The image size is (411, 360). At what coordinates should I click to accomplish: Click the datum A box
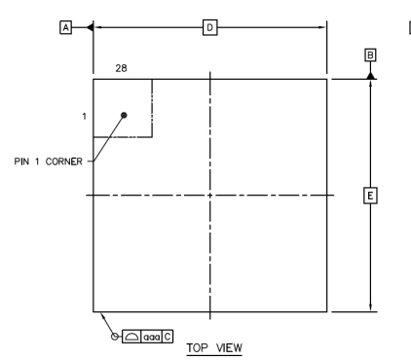[66, 28]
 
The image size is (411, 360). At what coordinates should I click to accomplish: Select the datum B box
[370, 54]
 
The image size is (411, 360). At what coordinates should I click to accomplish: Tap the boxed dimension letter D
[208, 28]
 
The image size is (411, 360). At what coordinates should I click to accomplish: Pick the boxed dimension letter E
[370, 196]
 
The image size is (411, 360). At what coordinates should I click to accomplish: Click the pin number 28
[122, 68]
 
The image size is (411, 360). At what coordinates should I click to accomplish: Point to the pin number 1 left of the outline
[86, 116]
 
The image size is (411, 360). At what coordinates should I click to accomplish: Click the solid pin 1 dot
[124, 116]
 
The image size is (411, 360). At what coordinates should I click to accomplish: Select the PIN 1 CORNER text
[48, 161]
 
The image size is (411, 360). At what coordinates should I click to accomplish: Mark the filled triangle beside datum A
[90, 28]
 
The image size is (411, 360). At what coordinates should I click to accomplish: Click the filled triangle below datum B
[370, 74]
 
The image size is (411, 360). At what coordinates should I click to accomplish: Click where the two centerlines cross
[210, 196]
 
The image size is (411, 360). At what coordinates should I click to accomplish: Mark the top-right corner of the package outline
[327, 80]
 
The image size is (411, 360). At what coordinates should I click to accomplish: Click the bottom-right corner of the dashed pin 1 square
[152, 137]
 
